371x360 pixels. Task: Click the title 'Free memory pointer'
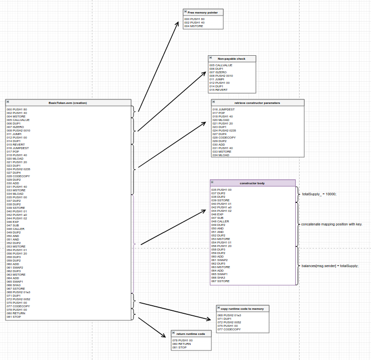(203, 12)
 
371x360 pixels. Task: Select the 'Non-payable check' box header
(231, 59)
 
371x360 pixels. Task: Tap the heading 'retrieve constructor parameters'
(257, 103)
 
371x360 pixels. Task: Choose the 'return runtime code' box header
(191, 334)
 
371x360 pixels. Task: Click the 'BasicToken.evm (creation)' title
(68, 103)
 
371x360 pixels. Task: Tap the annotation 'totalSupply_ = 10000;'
(319, 194)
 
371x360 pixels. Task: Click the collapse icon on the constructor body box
(213, 183)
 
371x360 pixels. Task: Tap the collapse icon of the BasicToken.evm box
(9, 103)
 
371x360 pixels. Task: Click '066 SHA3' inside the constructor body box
(218, 277)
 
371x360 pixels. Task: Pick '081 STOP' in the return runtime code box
(179, 347)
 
